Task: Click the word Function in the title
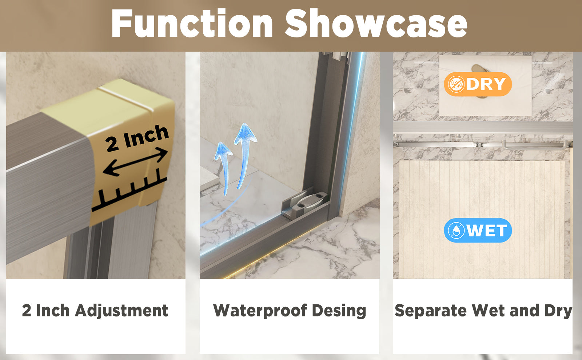tap(192, 23)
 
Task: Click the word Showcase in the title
tap(376, 23)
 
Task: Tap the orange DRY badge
tap(478, 84)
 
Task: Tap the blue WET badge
tap(478, 230)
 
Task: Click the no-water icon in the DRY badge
tap(456, 84)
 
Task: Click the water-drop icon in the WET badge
tap(456, 231)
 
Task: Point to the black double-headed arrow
tap(135, 161)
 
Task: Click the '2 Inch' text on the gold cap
tap(137, 138)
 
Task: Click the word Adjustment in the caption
tap(121, 311)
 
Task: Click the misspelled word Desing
tap(339, 311)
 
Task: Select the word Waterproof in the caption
tap(260, 311)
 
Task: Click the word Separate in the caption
tap(431, 311)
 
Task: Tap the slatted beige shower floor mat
tap(482, 220)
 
